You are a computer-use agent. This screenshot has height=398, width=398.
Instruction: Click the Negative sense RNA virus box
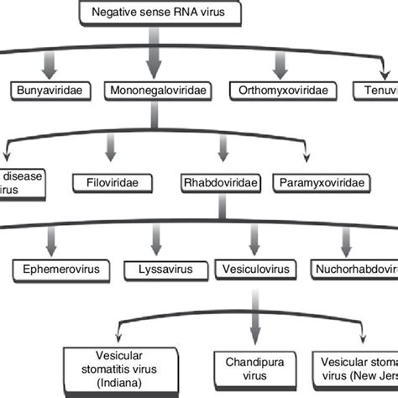(151, 11)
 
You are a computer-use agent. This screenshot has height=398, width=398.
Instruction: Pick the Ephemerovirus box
(54, 270)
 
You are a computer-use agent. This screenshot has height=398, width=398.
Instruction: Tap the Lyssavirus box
(154, 270)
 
